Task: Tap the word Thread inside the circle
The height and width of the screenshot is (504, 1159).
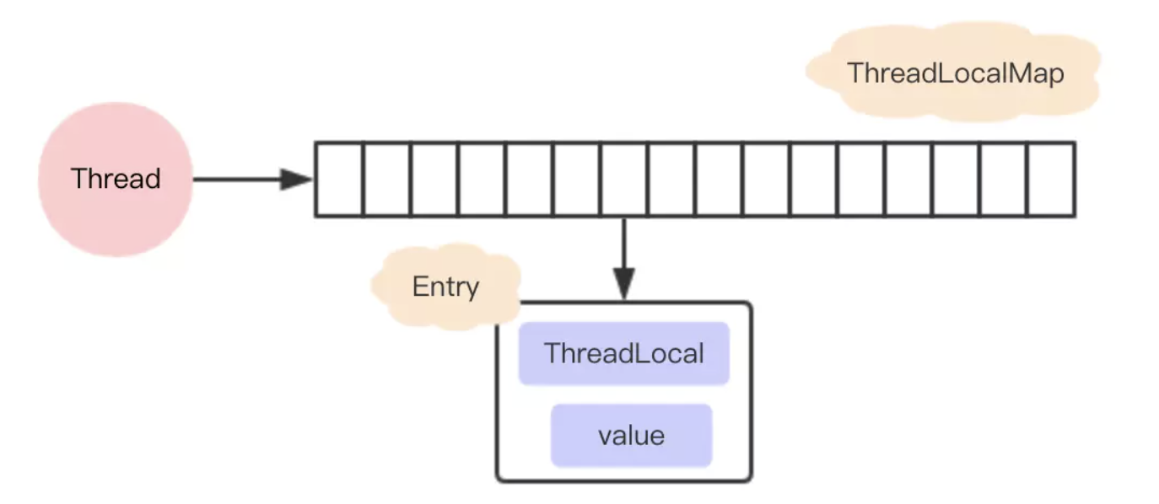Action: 116,180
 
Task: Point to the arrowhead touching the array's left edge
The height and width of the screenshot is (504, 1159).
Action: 297,180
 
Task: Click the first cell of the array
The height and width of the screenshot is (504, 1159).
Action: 339,180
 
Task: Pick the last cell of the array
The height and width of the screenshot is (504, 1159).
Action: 1051,180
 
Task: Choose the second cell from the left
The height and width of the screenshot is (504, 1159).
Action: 386,180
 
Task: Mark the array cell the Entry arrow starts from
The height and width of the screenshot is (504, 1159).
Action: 624,180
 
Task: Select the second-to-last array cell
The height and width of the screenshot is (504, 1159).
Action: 1004,180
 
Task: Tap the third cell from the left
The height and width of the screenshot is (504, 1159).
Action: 434,180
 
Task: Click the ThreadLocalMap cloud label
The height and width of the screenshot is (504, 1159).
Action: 955,73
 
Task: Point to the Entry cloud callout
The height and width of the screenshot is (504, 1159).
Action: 445,287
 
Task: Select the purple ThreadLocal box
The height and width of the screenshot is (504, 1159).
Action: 623,353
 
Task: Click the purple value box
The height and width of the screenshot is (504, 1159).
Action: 631,435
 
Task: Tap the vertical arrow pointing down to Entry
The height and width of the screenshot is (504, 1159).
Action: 624,249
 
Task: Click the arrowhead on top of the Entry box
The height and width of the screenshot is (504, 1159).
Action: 624,285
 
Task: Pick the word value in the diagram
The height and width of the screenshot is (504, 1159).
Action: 631,436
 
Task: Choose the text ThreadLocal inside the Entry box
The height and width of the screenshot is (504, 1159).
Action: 623,353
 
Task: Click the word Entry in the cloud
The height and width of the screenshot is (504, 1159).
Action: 445,287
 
